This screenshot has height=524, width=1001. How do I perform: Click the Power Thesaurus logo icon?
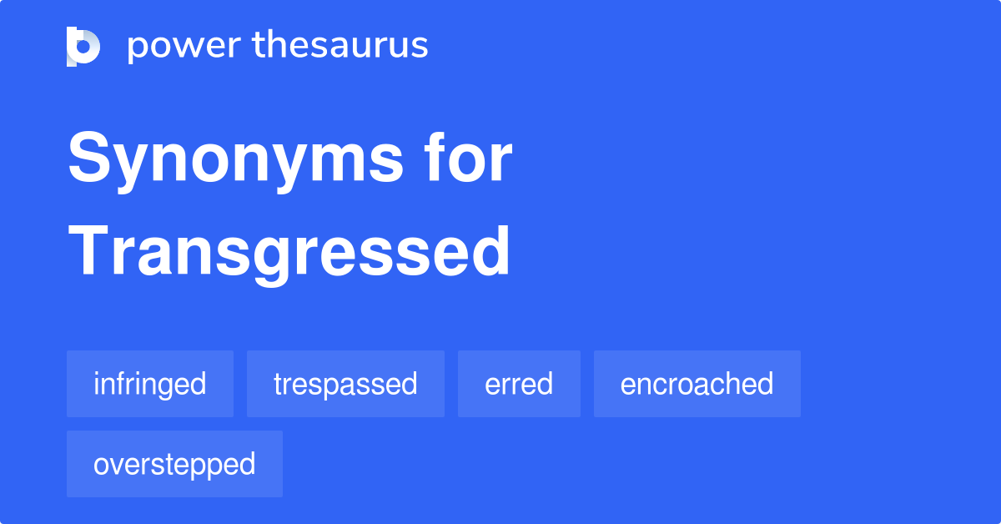click(83, 46)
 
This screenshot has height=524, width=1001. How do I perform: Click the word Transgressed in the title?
click(289, 252)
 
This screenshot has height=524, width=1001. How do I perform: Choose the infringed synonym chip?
click(150, 384)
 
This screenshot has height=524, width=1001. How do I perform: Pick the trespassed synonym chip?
click(345, 384)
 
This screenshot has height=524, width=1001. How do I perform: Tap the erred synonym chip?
click(519, 384)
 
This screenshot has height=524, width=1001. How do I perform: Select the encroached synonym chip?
click(697, 384)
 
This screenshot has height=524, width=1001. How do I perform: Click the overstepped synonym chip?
click(174, 464)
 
